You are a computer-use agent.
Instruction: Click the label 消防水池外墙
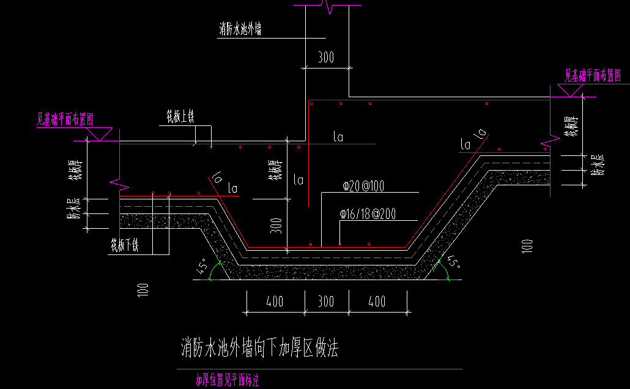coord(240,29)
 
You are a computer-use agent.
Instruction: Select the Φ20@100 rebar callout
coord(363,186)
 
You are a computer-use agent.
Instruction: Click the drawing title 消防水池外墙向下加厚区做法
coord(260,348)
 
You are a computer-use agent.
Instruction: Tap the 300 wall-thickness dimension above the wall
coord(326,57)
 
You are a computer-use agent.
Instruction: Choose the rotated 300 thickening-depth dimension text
coord(277,228)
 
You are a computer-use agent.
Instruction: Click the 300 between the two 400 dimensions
coord(326,302)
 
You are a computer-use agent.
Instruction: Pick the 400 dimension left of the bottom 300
coord(275,302)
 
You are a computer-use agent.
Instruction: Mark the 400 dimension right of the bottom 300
coord(377,302)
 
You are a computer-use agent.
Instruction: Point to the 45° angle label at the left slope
coord(201,267)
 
